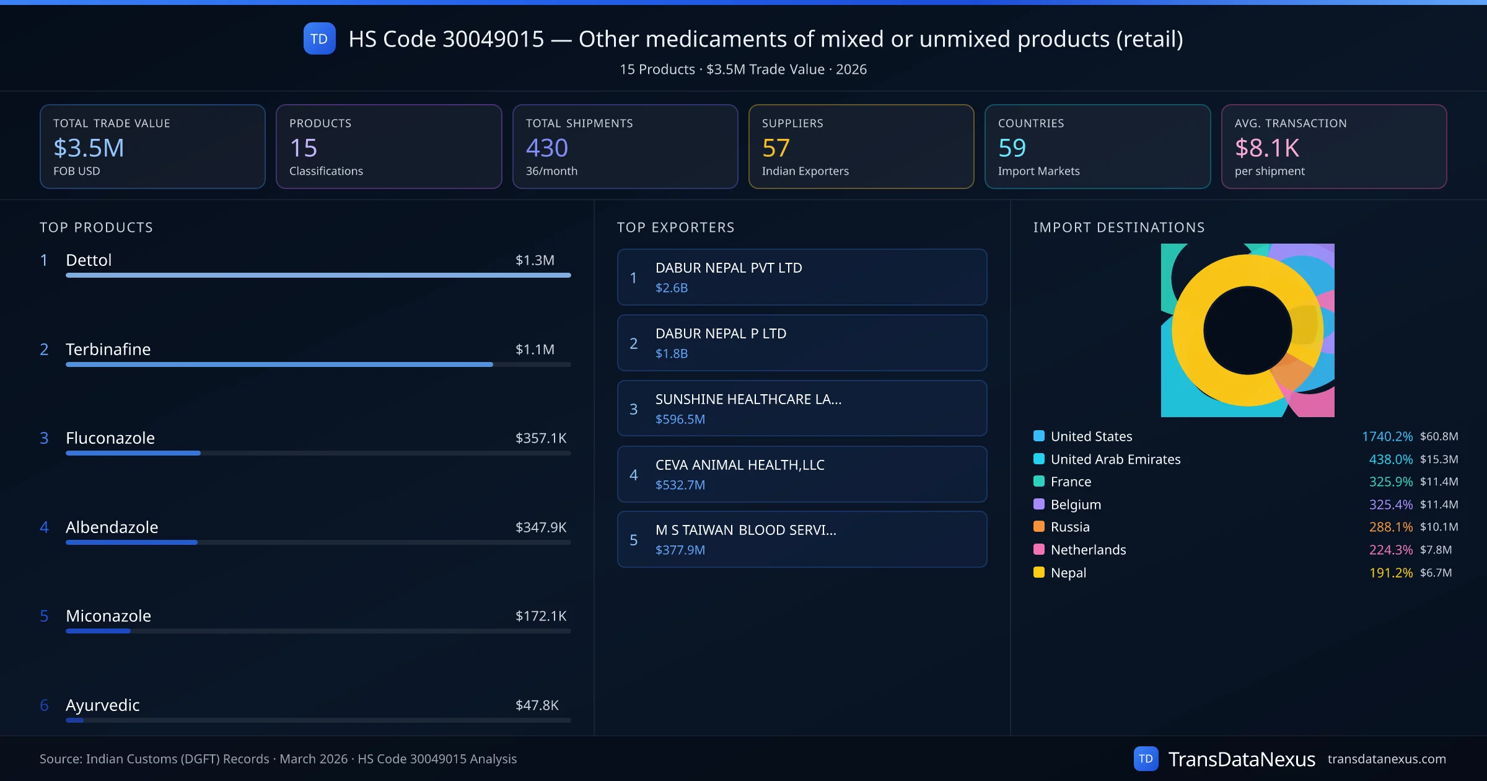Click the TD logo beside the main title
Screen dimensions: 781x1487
click(x=319, y=38)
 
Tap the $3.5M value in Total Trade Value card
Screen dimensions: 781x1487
click(x=89, y=148)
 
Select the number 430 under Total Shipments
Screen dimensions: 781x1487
click(x=546, y=148)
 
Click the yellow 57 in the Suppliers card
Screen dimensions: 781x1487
click(x=775, y=148)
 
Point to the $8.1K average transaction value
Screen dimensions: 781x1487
click(x=1266, y=148)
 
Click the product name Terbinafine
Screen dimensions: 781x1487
click(x=108, y=349)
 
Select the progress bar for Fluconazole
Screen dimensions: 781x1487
click(x=318, y=453)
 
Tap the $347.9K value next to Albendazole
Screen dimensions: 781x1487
click(x=540, y=527)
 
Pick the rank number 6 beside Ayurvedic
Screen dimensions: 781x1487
click(x=44, y=705)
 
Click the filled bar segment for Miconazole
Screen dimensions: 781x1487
click(x=98, y=631)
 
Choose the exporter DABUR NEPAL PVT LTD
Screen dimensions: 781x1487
click(x=729, y=268)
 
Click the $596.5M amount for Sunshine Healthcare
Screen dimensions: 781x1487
click(x=680, y=419)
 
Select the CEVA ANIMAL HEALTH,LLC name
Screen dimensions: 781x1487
click(x=740, y=465)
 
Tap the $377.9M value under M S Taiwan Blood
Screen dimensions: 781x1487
click(x=680, y=550)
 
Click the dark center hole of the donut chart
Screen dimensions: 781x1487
click(x=1247, y=330)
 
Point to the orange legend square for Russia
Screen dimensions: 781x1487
click(x=1039, y=527)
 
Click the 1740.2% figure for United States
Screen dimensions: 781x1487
click(x=1387, y=436)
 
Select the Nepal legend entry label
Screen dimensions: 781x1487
click(x=1068, y=573)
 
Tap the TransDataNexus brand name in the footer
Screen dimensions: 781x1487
click(x=1241, y=759)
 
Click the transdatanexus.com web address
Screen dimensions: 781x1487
click(x=1386, y=759)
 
